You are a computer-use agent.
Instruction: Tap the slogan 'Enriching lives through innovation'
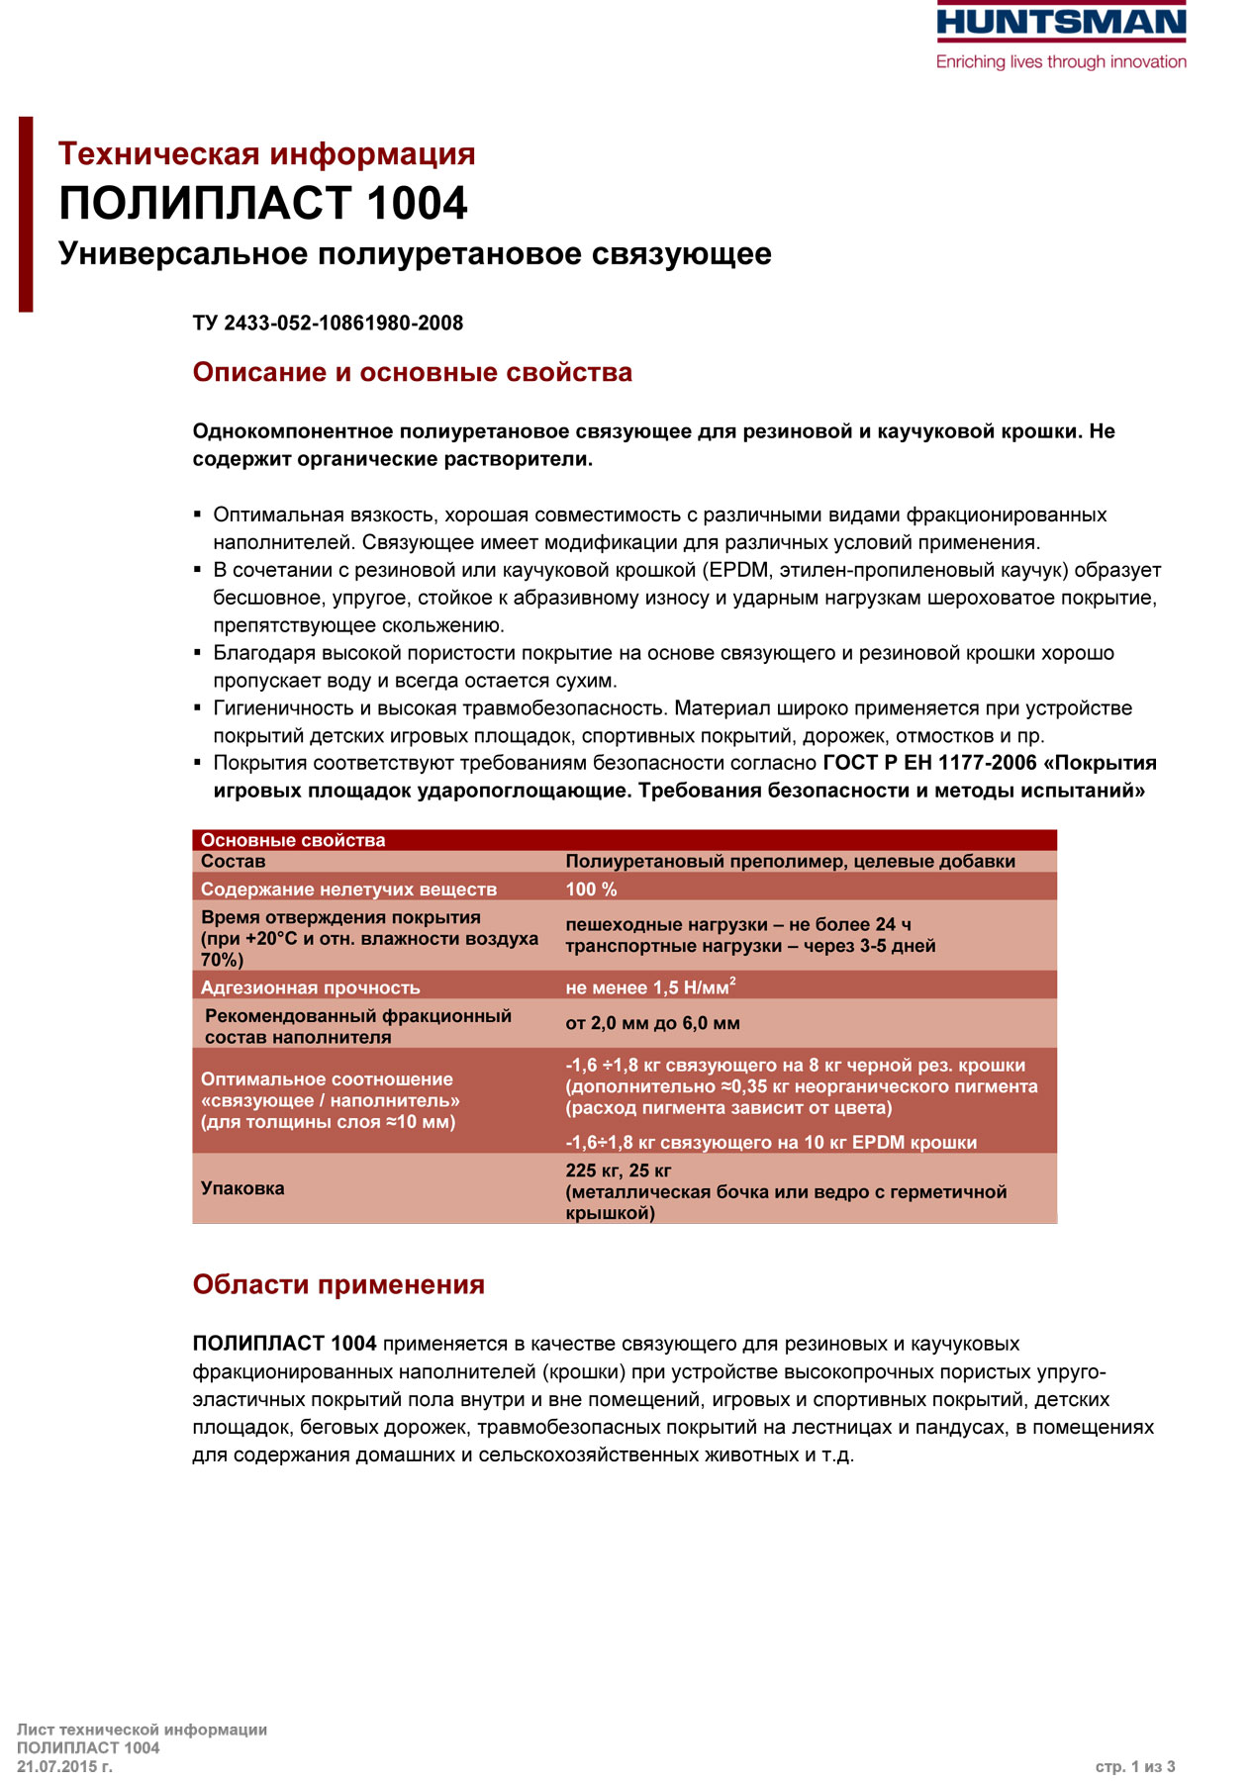1061,62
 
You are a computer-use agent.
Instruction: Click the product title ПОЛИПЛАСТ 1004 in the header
263,204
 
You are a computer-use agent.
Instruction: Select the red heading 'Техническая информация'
267,154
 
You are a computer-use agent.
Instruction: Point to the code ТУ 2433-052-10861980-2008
328,324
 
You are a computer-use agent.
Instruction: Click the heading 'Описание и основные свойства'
413,373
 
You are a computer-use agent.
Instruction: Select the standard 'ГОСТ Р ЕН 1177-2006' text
930,763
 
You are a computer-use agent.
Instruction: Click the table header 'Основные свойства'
293,840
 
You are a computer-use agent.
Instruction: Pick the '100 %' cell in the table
591,890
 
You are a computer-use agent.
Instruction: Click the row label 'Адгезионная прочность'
310,987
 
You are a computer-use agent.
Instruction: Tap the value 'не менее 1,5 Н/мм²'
650,987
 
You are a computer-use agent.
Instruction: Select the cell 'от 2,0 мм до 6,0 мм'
652,1023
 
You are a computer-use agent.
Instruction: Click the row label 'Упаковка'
242,1188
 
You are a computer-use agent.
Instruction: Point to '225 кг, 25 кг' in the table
619,1171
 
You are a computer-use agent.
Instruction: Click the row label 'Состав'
233,862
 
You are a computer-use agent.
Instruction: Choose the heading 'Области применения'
338,1285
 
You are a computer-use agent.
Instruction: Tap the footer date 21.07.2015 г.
64,1766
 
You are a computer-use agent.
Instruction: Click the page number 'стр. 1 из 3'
1135,1766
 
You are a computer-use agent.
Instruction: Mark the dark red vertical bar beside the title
26,214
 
